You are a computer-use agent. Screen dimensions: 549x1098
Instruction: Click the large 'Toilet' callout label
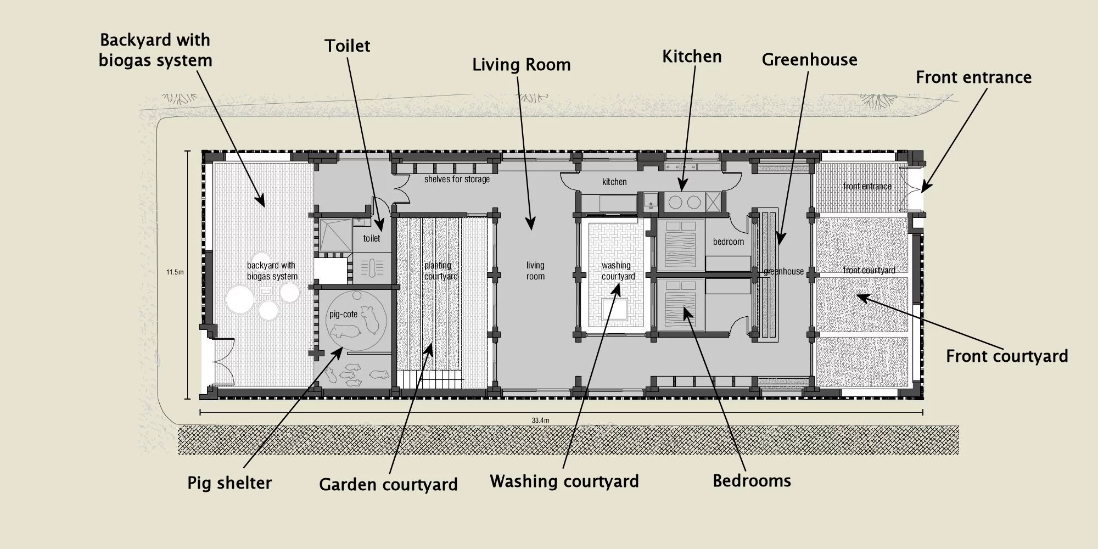point(347,46)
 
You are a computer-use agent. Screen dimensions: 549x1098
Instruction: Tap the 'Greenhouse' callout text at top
point(809,60)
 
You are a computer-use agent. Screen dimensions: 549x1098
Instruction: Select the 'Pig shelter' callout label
point(229,483)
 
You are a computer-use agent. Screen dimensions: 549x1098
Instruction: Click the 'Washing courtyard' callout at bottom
point(564,481)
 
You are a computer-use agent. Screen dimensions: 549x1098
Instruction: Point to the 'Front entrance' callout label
point(973,77)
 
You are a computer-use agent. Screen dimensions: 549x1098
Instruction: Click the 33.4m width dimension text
point(540,421)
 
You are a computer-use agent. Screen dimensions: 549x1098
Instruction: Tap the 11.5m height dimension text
point(175,272)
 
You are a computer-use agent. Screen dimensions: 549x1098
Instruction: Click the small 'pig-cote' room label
point(343,315)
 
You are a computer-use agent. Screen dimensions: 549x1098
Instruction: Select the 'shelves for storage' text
point(457,180)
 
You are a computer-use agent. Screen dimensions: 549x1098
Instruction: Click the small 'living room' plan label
point(535,271)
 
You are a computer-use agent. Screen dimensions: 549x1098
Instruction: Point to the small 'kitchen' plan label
point(614,182)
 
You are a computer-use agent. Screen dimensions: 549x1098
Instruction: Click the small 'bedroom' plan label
point(729,242)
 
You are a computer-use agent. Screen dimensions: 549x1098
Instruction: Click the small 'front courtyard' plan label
point(869,271)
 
